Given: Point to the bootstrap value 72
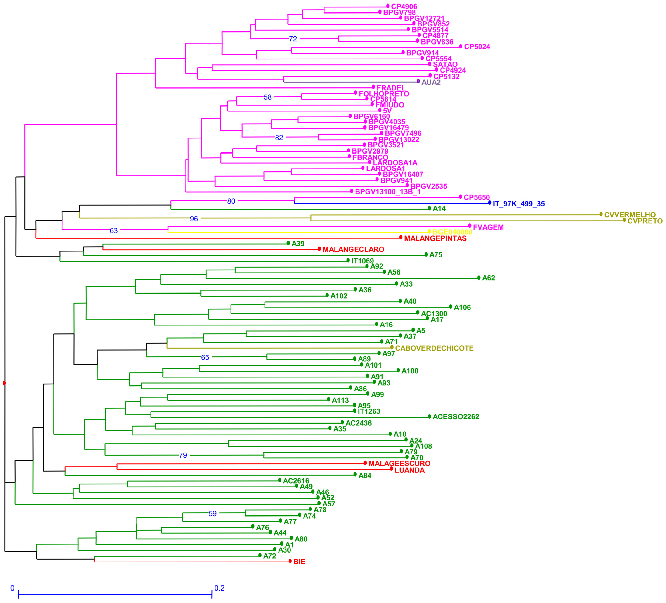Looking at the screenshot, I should click(293, 39).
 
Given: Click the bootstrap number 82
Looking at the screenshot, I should click(279, 138).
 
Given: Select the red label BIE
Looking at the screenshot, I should click(299, 562).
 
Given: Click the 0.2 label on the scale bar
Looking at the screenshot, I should click(219, 588).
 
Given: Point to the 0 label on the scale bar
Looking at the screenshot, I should click(13, 588).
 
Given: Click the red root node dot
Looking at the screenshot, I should click(4, 383).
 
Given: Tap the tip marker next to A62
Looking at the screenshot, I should click(479, 278).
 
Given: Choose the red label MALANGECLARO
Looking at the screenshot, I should click(353, 249).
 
